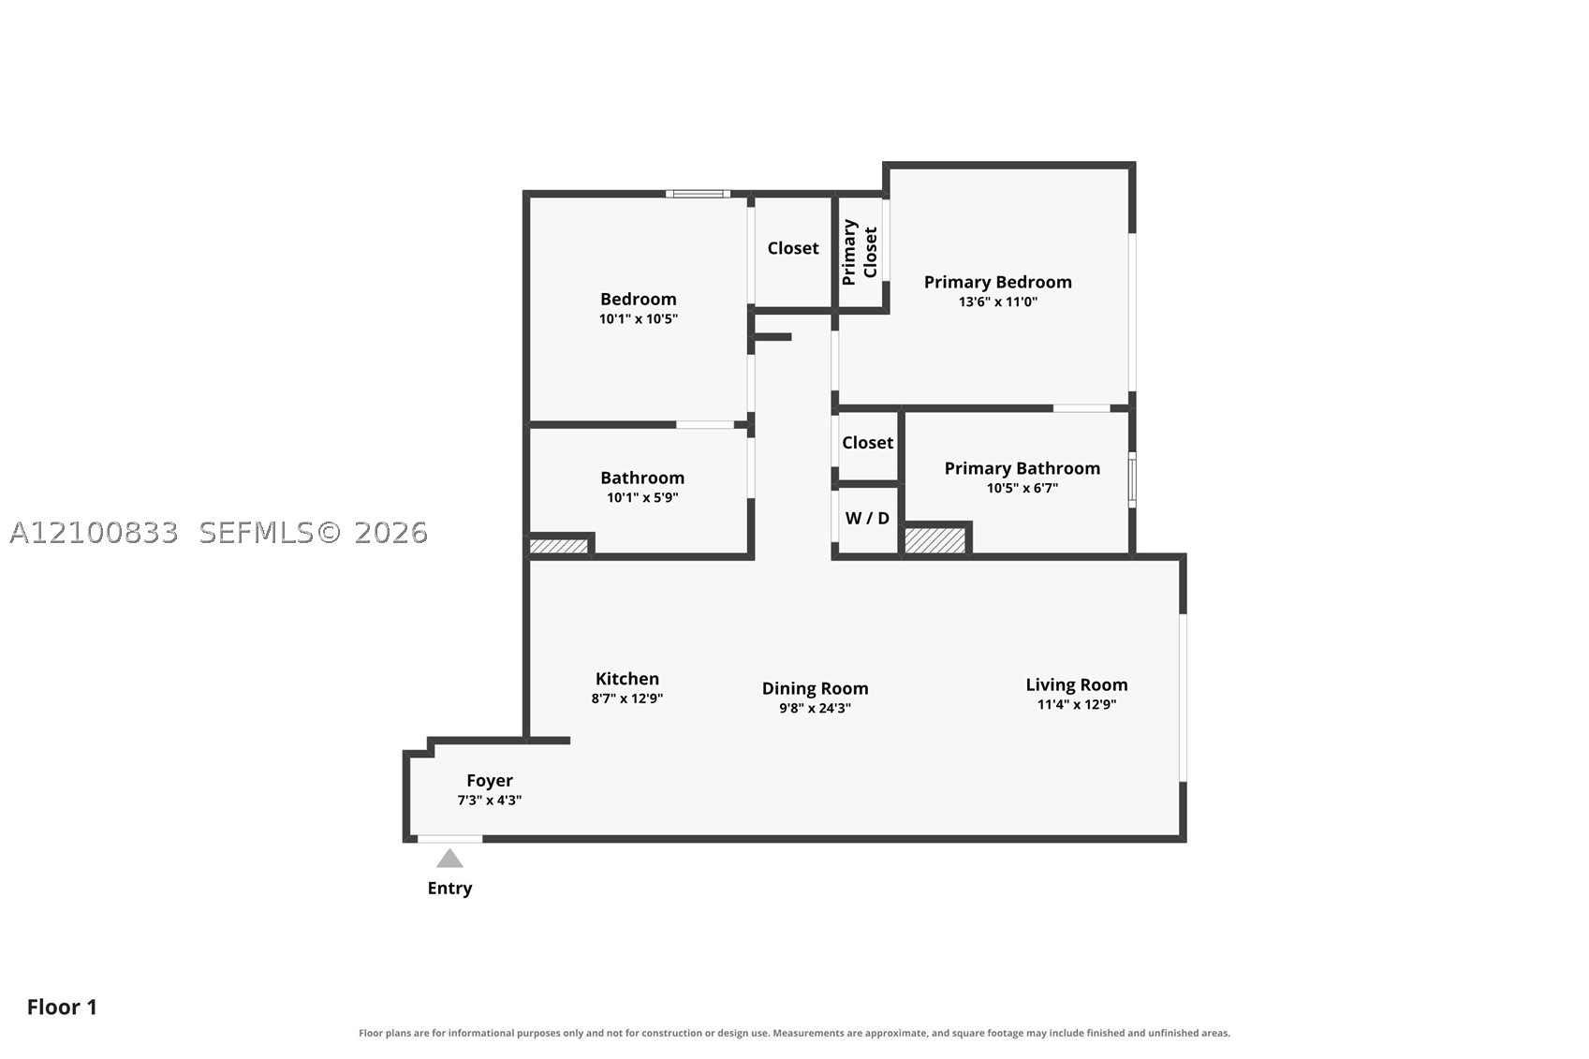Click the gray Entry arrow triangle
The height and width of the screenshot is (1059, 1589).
coord(449,859)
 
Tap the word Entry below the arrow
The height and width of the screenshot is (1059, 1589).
coord(449,889)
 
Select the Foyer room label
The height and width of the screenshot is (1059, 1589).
coord(490,780)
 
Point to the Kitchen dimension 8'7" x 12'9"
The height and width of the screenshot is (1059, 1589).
coord(627,699)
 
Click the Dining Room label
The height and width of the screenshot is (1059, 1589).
coord(815,688)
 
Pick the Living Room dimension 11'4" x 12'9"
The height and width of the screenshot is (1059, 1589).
coord(1077,704)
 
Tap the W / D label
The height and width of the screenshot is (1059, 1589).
coord(867,519)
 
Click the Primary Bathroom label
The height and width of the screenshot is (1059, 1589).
coord(1023,468)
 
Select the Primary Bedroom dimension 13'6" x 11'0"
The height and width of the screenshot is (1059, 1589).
coord(998,302)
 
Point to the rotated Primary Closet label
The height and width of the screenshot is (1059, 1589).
coord(860,252)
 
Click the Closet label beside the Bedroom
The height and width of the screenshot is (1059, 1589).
coord(793,248)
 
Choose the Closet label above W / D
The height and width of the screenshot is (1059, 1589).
coord(868,443)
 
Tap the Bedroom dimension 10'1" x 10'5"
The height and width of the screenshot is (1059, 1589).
coord(639,318)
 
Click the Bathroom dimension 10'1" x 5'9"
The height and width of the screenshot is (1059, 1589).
coord(642,497)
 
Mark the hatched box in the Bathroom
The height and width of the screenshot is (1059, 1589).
coord(559,546)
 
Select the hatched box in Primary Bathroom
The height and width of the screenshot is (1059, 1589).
coord(935,539)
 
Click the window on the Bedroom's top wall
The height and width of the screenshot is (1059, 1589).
coord(698,194)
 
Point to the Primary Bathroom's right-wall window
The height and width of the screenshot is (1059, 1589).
coord(1132,479)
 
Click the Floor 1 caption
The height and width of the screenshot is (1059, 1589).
coord(62,1008)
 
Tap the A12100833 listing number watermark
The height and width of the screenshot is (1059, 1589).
coord(94,533)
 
